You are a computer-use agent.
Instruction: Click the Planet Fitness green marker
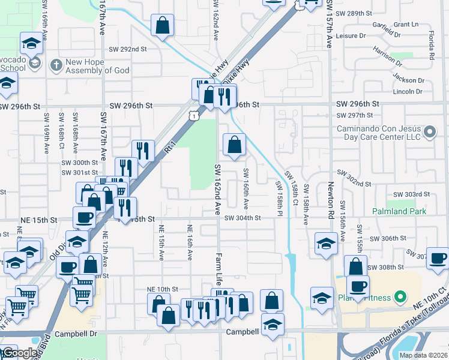pos(397,297)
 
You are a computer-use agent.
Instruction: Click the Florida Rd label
pos(432,47)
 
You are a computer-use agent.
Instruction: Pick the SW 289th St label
pos(354,13)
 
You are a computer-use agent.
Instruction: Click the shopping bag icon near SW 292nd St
pos(162,26)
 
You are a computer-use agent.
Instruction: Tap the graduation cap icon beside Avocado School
pos(31,43)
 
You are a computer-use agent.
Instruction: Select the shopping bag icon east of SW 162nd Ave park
pos(234,144)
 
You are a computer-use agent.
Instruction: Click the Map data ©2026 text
pos(423,355)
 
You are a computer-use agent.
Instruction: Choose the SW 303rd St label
pos(411,194)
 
